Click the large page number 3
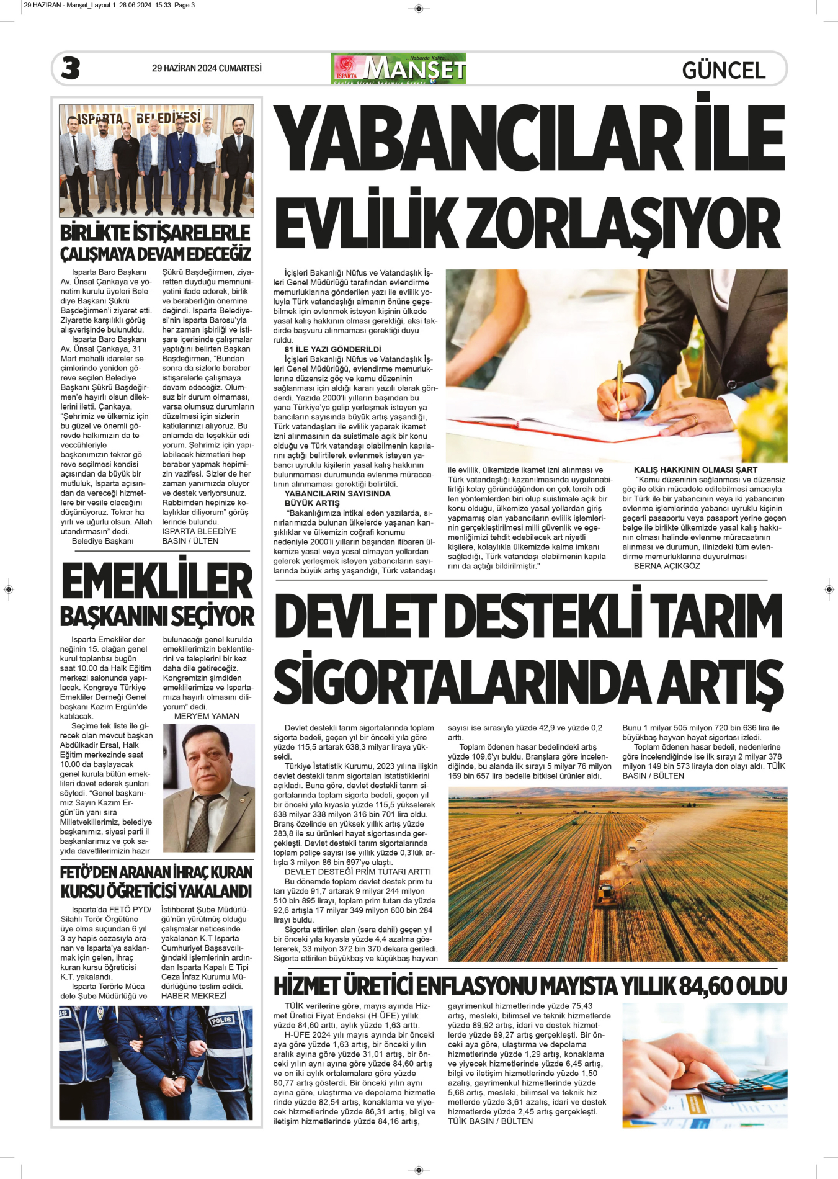(71, 68)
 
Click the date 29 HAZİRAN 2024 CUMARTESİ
(207, 68)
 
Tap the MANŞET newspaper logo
(398, 68)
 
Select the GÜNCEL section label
(723, 70)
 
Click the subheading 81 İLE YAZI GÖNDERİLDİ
(332, 349)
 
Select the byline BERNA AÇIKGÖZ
(667, 566)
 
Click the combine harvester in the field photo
(605, 894)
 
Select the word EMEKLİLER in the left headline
(157, 582)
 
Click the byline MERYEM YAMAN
(207, 716)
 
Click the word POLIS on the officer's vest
(221, 1021)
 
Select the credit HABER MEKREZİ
(194, 996)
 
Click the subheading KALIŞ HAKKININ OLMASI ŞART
(695, 470)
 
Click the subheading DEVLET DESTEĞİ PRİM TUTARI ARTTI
(357, 872)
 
